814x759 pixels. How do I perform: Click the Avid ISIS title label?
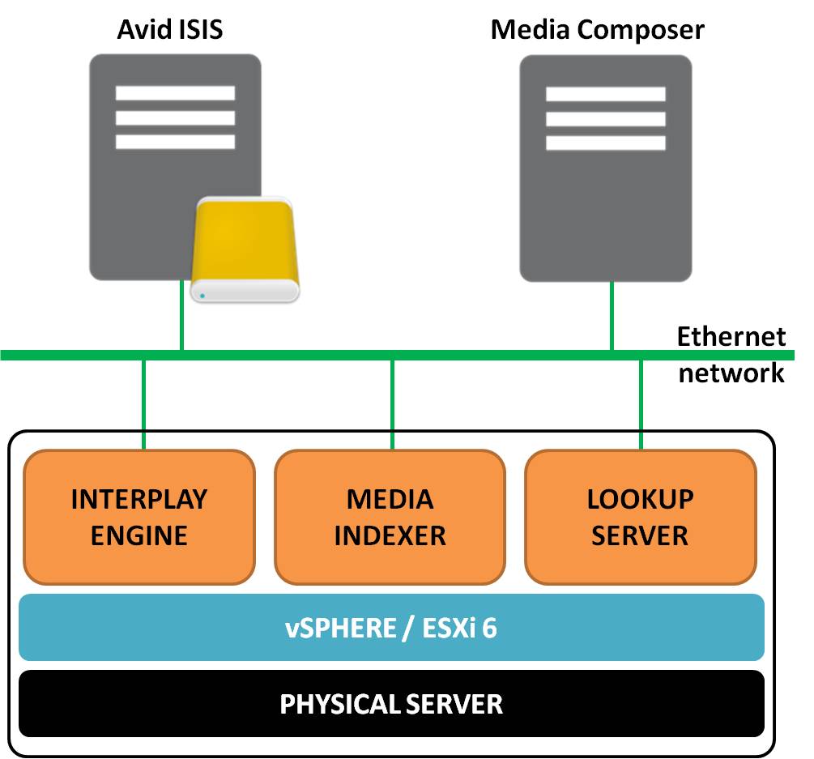(x=170, y=30)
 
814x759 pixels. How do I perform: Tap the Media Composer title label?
(x=598, y=30)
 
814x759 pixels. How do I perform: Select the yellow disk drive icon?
(x=245, y=247)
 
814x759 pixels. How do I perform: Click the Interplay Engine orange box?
(x=139, y=517)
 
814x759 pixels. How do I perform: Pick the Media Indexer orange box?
(x=390, y=517)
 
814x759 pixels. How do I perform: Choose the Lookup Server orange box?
(x=640, y=517)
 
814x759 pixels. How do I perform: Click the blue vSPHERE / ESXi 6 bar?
(x=391, y=628)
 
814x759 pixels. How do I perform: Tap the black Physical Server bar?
(x=391, y=703)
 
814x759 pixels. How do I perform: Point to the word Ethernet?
(x=731, y=336)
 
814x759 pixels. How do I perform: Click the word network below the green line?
(x=731, y=373)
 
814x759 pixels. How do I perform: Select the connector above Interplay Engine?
(x=143, y=403)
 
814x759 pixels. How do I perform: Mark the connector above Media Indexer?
(x=393, y=403)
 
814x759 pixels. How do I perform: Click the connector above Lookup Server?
(x=641, y=403)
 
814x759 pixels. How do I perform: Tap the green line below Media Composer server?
(x=612, y=316)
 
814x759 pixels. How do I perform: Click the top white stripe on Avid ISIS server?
(x=175, y=93)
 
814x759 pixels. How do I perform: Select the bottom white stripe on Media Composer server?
(x=605, y=143)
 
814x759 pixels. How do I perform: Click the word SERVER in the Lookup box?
(x=640, y=535)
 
